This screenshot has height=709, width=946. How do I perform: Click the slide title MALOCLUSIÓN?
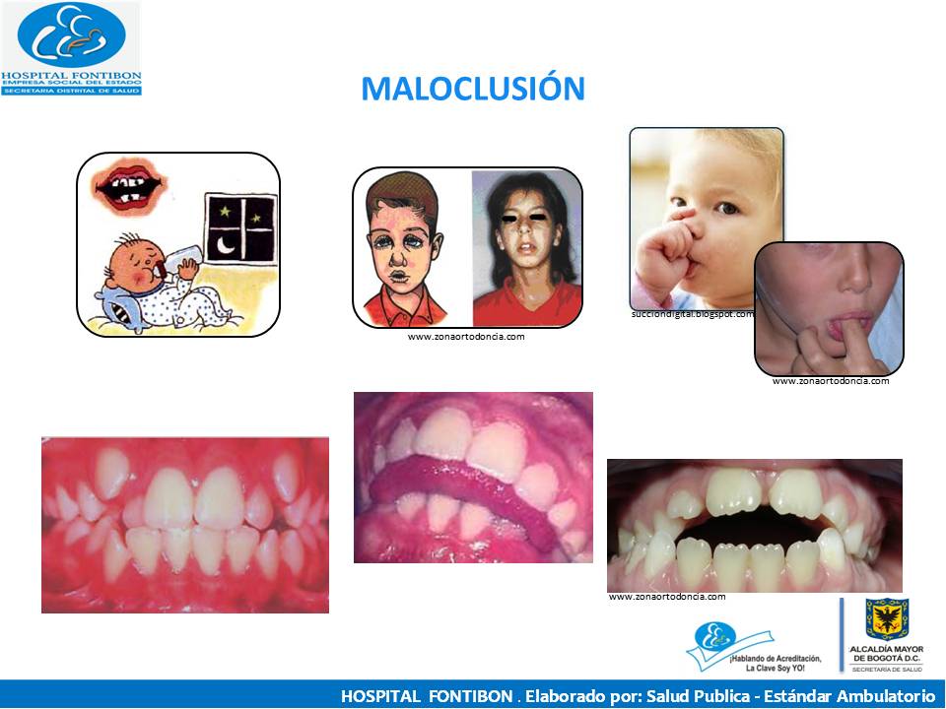pyautogui.click(x=473, y=89)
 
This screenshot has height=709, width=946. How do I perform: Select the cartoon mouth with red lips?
pyautogui.click(x=128, y=186)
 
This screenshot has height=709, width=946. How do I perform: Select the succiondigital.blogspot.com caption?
pyautogui.click(x=692, y=314)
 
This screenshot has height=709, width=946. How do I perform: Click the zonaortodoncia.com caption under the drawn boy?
pyautogui.click(x=465, y=337)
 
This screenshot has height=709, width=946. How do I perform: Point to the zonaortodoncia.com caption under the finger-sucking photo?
pyautogui.click(x=830, y=381)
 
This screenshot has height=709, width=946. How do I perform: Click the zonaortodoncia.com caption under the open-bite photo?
pyautogui.click(x=666, y=597)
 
